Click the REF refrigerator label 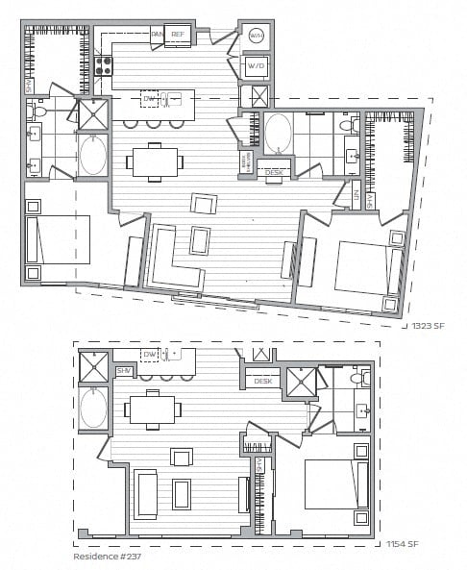pyautogui.click(x=178, y=35)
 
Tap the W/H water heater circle pyautogui.click(x=256, y=36)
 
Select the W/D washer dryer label pyautogui.click(x=256, y=65)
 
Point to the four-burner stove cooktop pyautogui.click(x=103, y=66)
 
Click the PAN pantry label pyautogui.click(x=158, y=35)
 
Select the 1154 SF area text pyautogui.click(x=402, y=545)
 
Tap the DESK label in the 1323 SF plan pyautogui.click(x=275, y=173)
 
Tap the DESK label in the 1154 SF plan pyautogui.click(x=262, y=382)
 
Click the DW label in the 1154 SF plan pyautogui.click(x=149, y=355)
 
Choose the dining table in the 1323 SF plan pyautogui.click(x=155, y=161)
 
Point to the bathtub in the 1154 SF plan pyautogui.click(x=93, y=409)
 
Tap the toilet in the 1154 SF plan pyautogui.click(x=358, y=380)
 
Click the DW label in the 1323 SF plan pyautogui.click(x=149, y=99)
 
